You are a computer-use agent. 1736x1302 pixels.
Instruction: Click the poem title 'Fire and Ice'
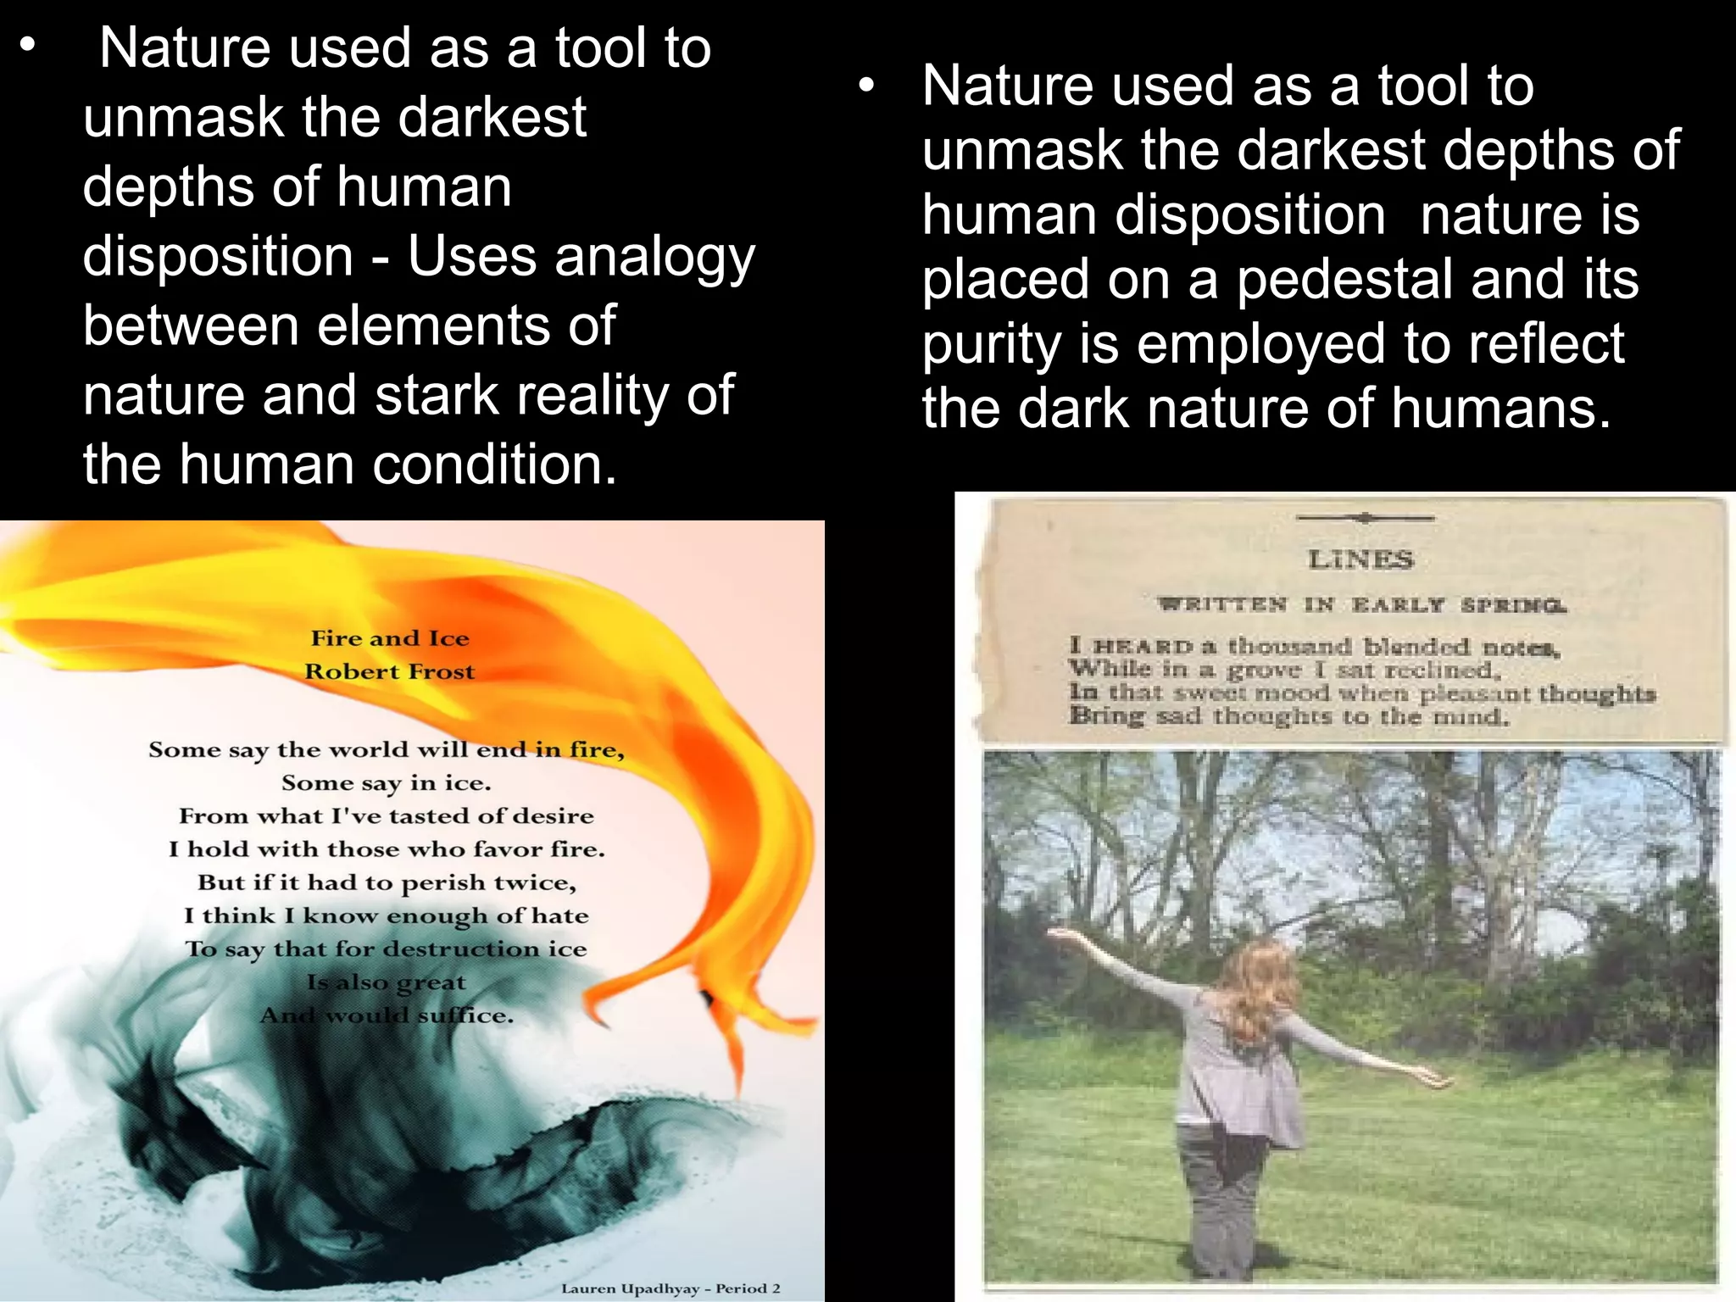point(390,638)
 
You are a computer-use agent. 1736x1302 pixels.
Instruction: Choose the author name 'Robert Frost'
point(390,671)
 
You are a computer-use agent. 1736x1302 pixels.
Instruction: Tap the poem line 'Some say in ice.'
point(387,782)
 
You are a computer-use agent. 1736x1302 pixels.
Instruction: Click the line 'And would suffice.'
point(387,1015)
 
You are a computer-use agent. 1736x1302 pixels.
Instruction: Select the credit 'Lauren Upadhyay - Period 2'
point(670,1288)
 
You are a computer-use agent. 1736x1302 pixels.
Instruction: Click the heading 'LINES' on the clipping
point(1360,559)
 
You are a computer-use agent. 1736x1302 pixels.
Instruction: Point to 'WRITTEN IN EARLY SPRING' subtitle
point(1362,605)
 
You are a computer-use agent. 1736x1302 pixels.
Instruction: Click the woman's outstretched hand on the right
point(1439,1082)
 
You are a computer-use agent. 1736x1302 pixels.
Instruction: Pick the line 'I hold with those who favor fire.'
point(387,849)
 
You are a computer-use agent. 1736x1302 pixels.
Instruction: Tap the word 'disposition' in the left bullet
point(218,258)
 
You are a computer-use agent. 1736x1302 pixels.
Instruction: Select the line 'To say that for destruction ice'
point(387,949)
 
